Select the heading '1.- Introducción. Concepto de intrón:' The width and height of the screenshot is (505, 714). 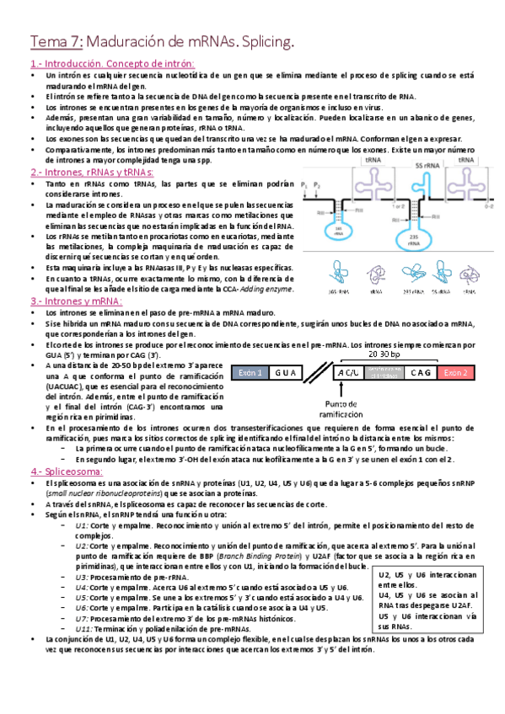[x=112, y=64]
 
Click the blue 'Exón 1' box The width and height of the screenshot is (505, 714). [x=251, y=373]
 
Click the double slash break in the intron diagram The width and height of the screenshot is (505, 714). [x=320, y=373]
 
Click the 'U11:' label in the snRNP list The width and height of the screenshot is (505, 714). [x=83, y=627]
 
